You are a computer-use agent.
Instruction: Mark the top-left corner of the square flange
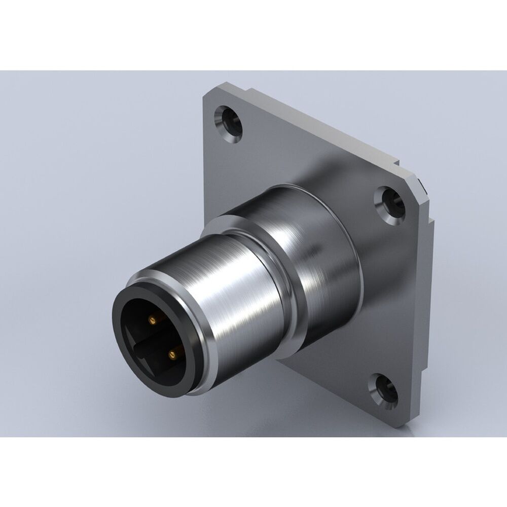click(x=208, y=91)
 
